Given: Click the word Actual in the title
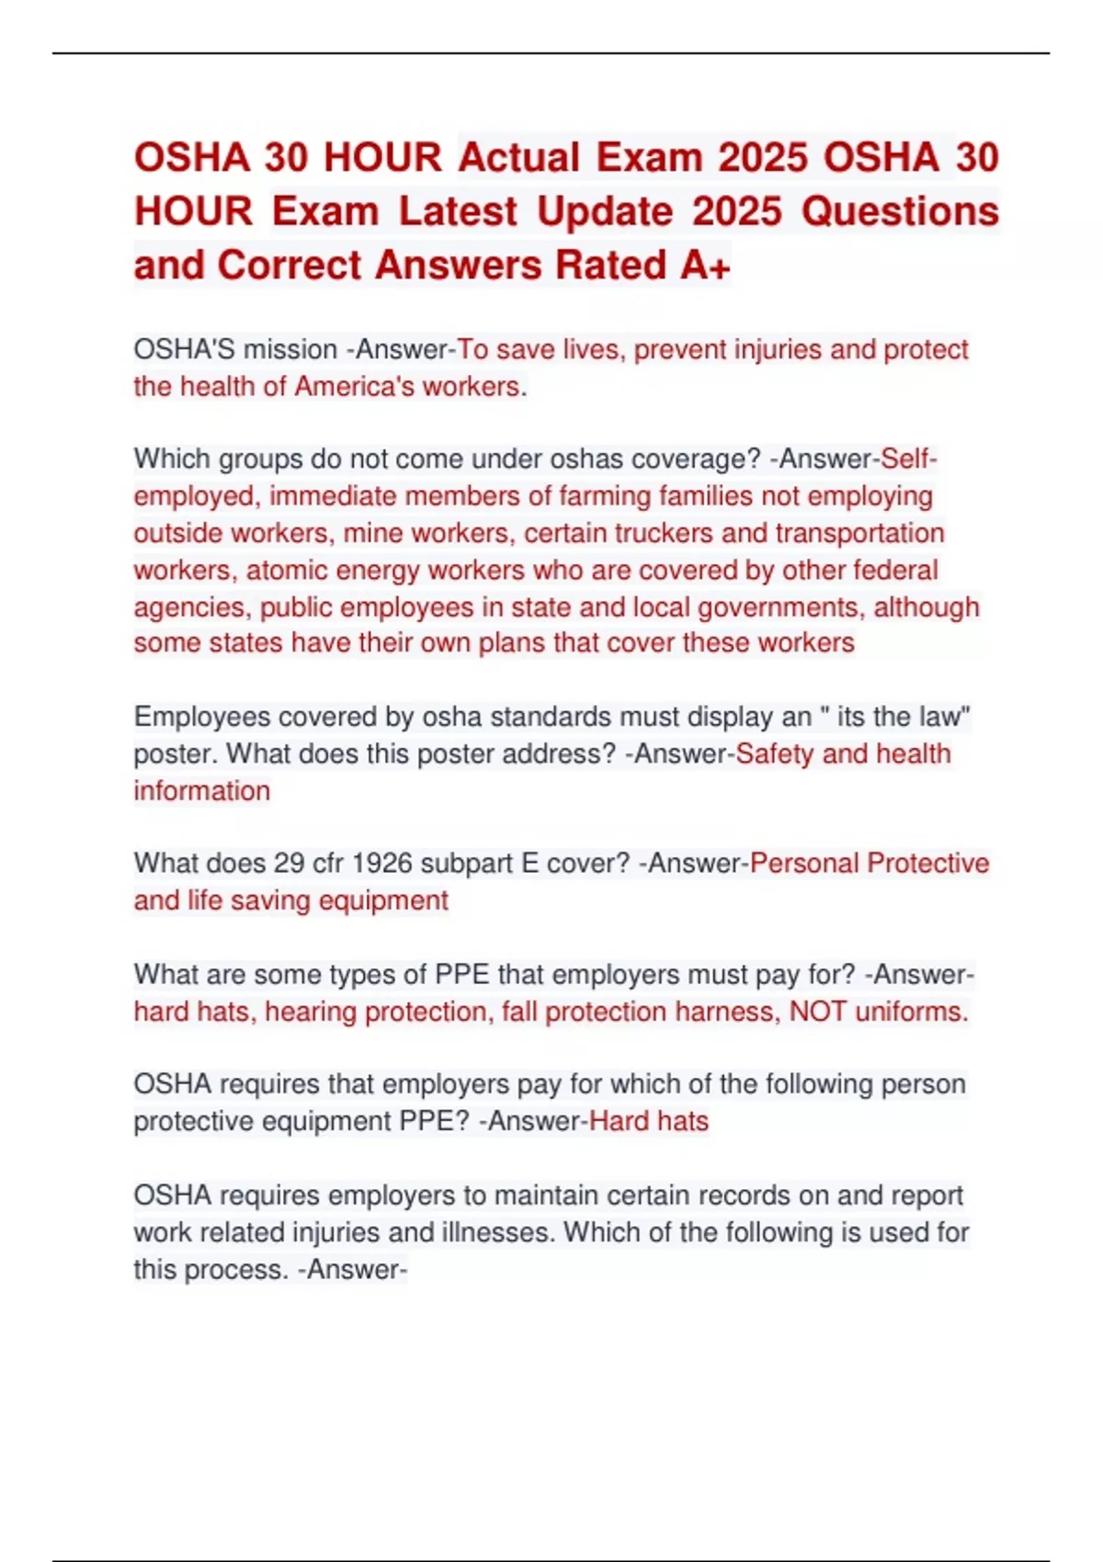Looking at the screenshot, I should tap(519, 157).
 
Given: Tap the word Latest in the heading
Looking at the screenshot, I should tap(458, 211).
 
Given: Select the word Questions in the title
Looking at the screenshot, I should tap(900, 211).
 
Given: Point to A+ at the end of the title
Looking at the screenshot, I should tap(706, 266).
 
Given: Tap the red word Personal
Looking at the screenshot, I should tap(804, 864).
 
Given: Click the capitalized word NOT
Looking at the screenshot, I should tap(817, 1012).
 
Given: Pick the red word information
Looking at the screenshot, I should tap(202, 791).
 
